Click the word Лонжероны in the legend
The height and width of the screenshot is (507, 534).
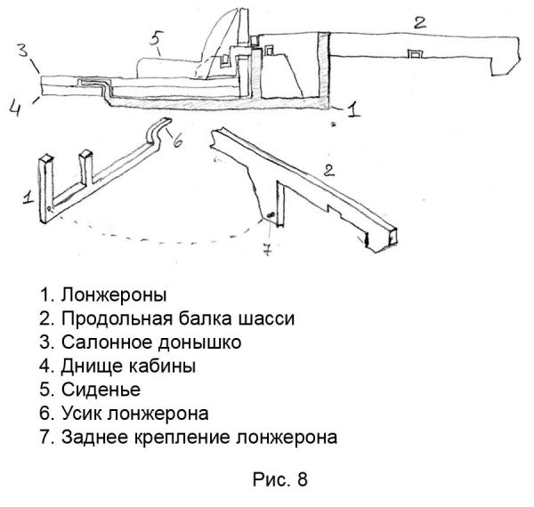click(116, 293)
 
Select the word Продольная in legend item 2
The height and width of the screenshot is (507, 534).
click(108, 317)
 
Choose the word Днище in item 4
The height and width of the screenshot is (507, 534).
click(90, 365)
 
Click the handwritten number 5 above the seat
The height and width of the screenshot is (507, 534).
click(155, 40)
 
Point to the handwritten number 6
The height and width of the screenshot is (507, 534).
click(176, 139)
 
